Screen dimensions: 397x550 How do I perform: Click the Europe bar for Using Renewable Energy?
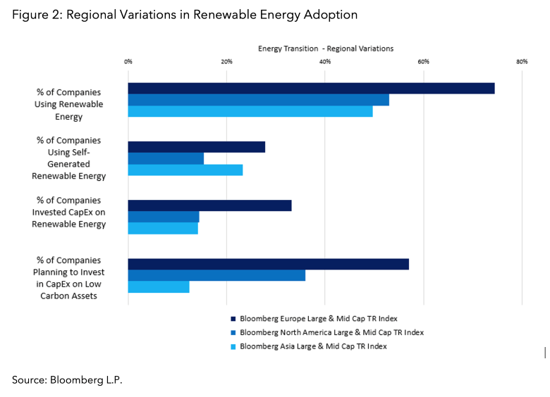tap(311, 88)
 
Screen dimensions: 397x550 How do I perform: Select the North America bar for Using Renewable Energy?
tap(258, 100)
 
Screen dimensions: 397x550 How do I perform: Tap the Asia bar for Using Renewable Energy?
tap(250, 111)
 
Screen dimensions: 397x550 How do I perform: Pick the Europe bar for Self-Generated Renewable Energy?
tap(196, 146)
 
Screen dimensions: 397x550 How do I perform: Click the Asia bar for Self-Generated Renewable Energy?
tap(185, 170)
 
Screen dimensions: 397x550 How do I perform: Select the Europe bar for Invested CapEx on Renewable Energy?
tap(209, 206)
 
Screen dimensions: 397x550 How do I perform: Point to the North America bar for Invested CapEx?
tap(164, 217)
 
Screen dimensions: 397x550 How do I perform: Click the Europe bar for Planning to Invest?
tap(268, 264)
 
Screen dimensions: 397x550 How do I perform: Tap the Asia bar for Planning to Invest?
tap(159, 287)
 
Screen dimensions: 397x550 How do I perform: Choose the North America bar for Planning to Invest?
tap(216, 275)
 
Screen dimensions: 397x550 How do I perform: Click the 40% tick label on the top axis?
tap(325, 62)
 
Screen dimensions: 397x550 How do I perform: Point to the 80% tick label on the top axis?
tap(522, 62)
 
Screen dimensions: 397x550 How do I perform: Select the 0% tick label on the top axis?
tap(128, 62)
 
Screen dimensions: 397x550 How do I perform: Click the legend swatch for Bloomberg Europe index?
tap(233, 317)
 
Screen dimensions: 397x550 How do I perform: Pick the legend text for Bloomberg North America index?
tap(331, 332)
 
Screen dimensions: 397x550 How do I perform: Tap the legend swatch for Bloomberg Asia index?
tap(233, 346)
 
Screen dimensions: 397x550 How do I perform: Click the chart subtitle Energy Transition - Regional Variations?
tap(325, 49)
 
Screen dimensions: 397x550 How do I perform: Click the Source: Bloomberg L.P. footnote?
tap(67, 379)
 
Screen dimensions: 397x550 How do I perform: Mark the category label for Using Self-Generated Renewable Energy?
tap(69, 158)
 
